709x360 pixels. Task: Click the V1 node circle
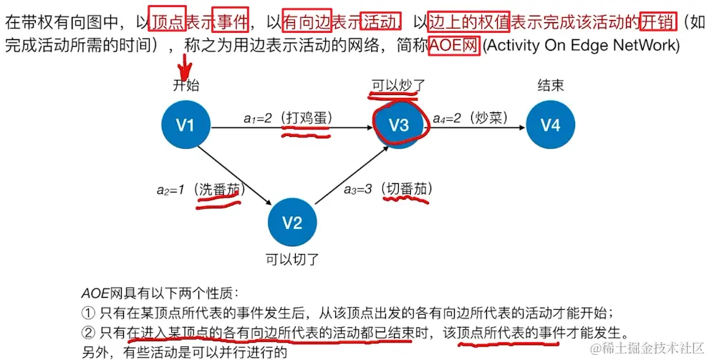tap(185, 125)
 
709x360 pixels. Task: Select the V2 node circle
tap(291, 223)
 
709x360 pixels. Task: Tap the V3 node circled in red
tap(399, 125)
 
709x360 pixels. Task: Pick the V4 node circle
tap(550, 125)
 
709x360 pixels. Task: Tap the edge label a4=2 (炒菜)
tap(473, 117)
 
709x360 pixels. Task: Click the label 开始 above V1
tap(186, 86)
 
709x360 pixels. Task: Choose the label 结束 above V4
tap(550, 86)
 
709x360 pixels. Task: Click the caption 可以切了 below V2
tap(291, 259)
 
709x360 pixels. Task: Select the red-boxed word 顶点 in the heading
tap(168, 22)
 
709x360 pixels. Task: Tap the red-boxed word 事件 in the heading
tap(231, 22)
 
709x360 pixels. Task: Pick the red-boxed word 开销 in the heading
tap(659, 22)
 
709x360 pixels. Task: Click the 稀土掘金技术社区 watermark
tap(645, 349)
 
